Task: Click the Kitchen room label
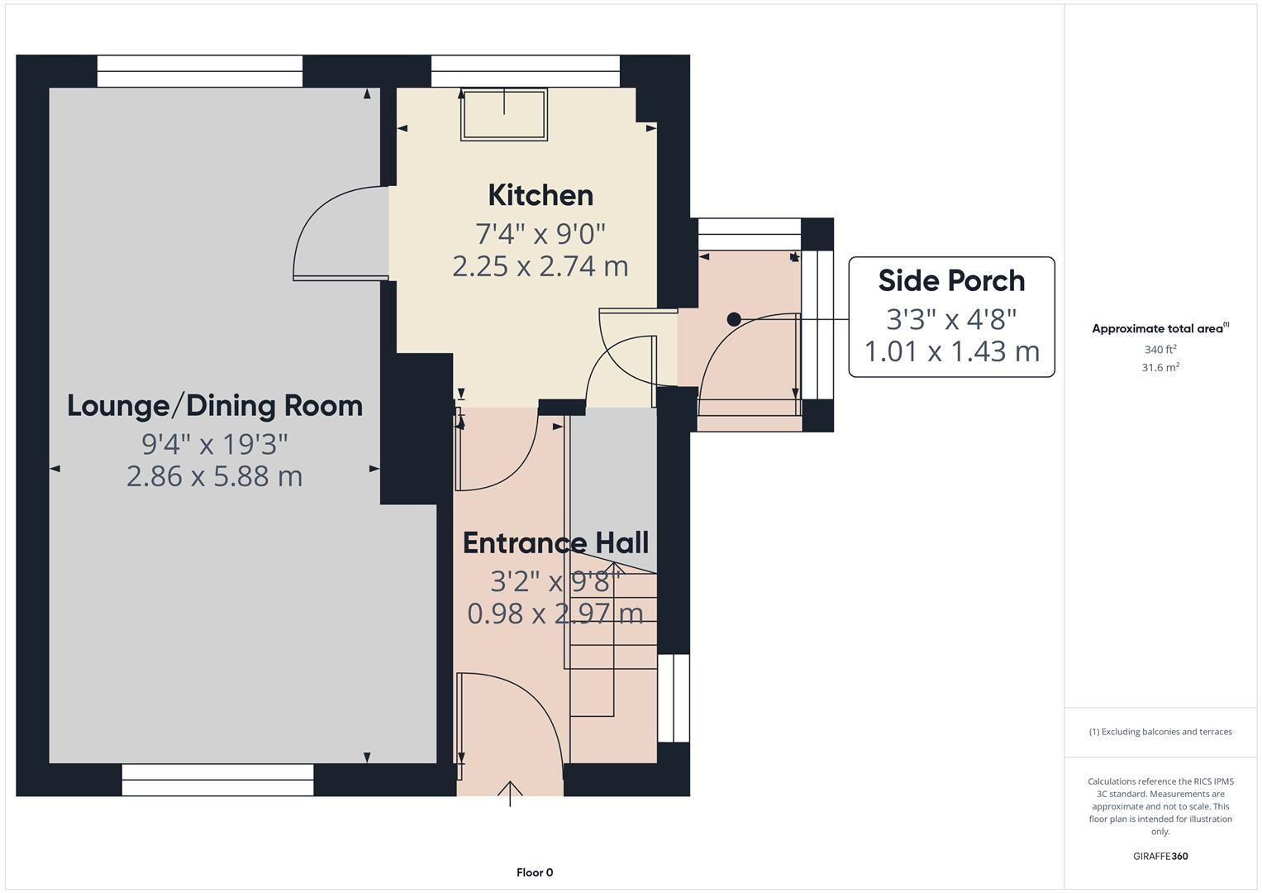tap(541, 195)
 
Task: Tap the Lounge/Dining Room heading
tap(215, 406)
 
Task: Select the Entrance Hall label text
tap(555, 543)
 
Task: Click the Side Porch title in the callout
tap(951, 281)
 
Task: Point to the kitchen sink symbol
tap(504, 115)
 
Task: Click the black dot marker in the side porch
tap(734, 319)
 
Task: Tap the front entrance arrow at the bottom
tap(510, 792)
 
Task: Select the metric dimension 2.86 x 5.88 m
tap(215, 476)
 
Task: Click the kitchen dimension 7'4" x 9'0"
tap(541, 233)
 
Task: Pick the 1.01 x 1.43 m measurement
tap(951, 351)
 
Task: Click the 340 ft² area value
tap(1160, 350)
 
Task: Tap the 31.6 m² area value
tap(1160, 368)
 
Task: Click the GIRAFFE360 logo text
tap(1160, 856)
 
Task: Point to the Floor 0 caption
tap(535, 872)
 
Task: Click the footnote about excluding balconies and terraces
tap(1160, 732)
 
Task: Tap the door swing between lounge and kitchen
tap(339, 236)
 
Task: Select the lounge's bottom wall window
tap(217, 779)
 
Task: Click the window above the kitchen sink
tap(525, 71)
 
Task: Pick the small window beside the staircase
tap(674, 698)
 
